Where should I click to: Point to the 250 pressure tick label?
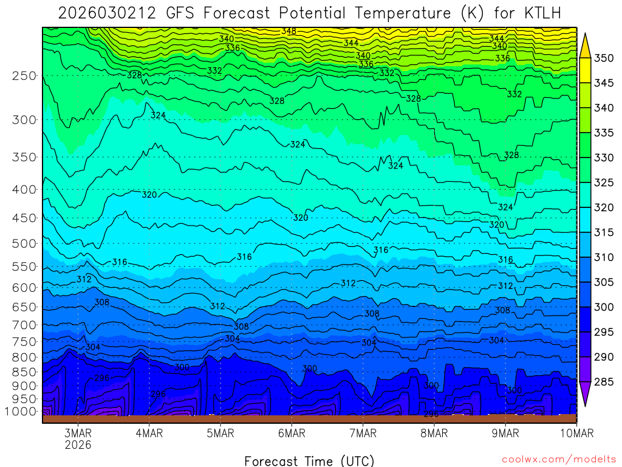click(x=24, y=76)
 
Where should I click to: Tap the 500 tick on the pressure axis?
click(x=24, y=244)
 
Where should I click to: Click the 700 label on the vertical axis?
click(x=24, y=325)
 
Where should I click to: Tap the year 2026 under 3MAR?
click(x=78, y=445)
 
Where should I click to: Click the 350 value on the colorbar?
click(x=604, y=58)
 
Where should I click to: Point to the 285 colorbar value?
click(x=604, y=382)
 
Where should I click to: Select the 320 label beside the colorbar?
click(x=604, y=208)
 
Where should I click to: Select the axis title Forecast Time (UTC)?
click(x=309, y=460)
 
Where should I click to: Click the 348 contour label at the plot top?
click(x=289, y=31)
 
